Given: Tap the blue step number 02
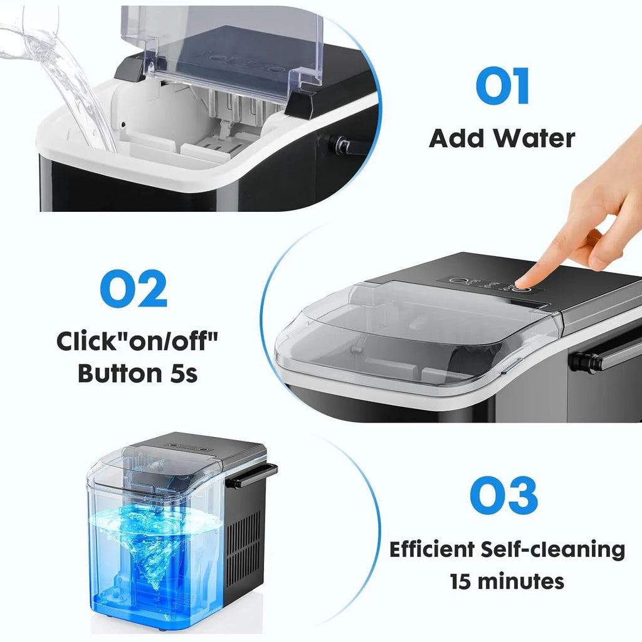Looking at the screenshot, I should [x=134, y=288].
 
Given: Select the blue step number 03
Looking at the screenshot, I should [x=503, y=495].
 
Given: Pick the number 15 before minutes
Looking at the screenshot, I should [x=461, y=581].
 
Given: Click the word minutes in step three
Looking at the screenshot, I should [x=522, y=581].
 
